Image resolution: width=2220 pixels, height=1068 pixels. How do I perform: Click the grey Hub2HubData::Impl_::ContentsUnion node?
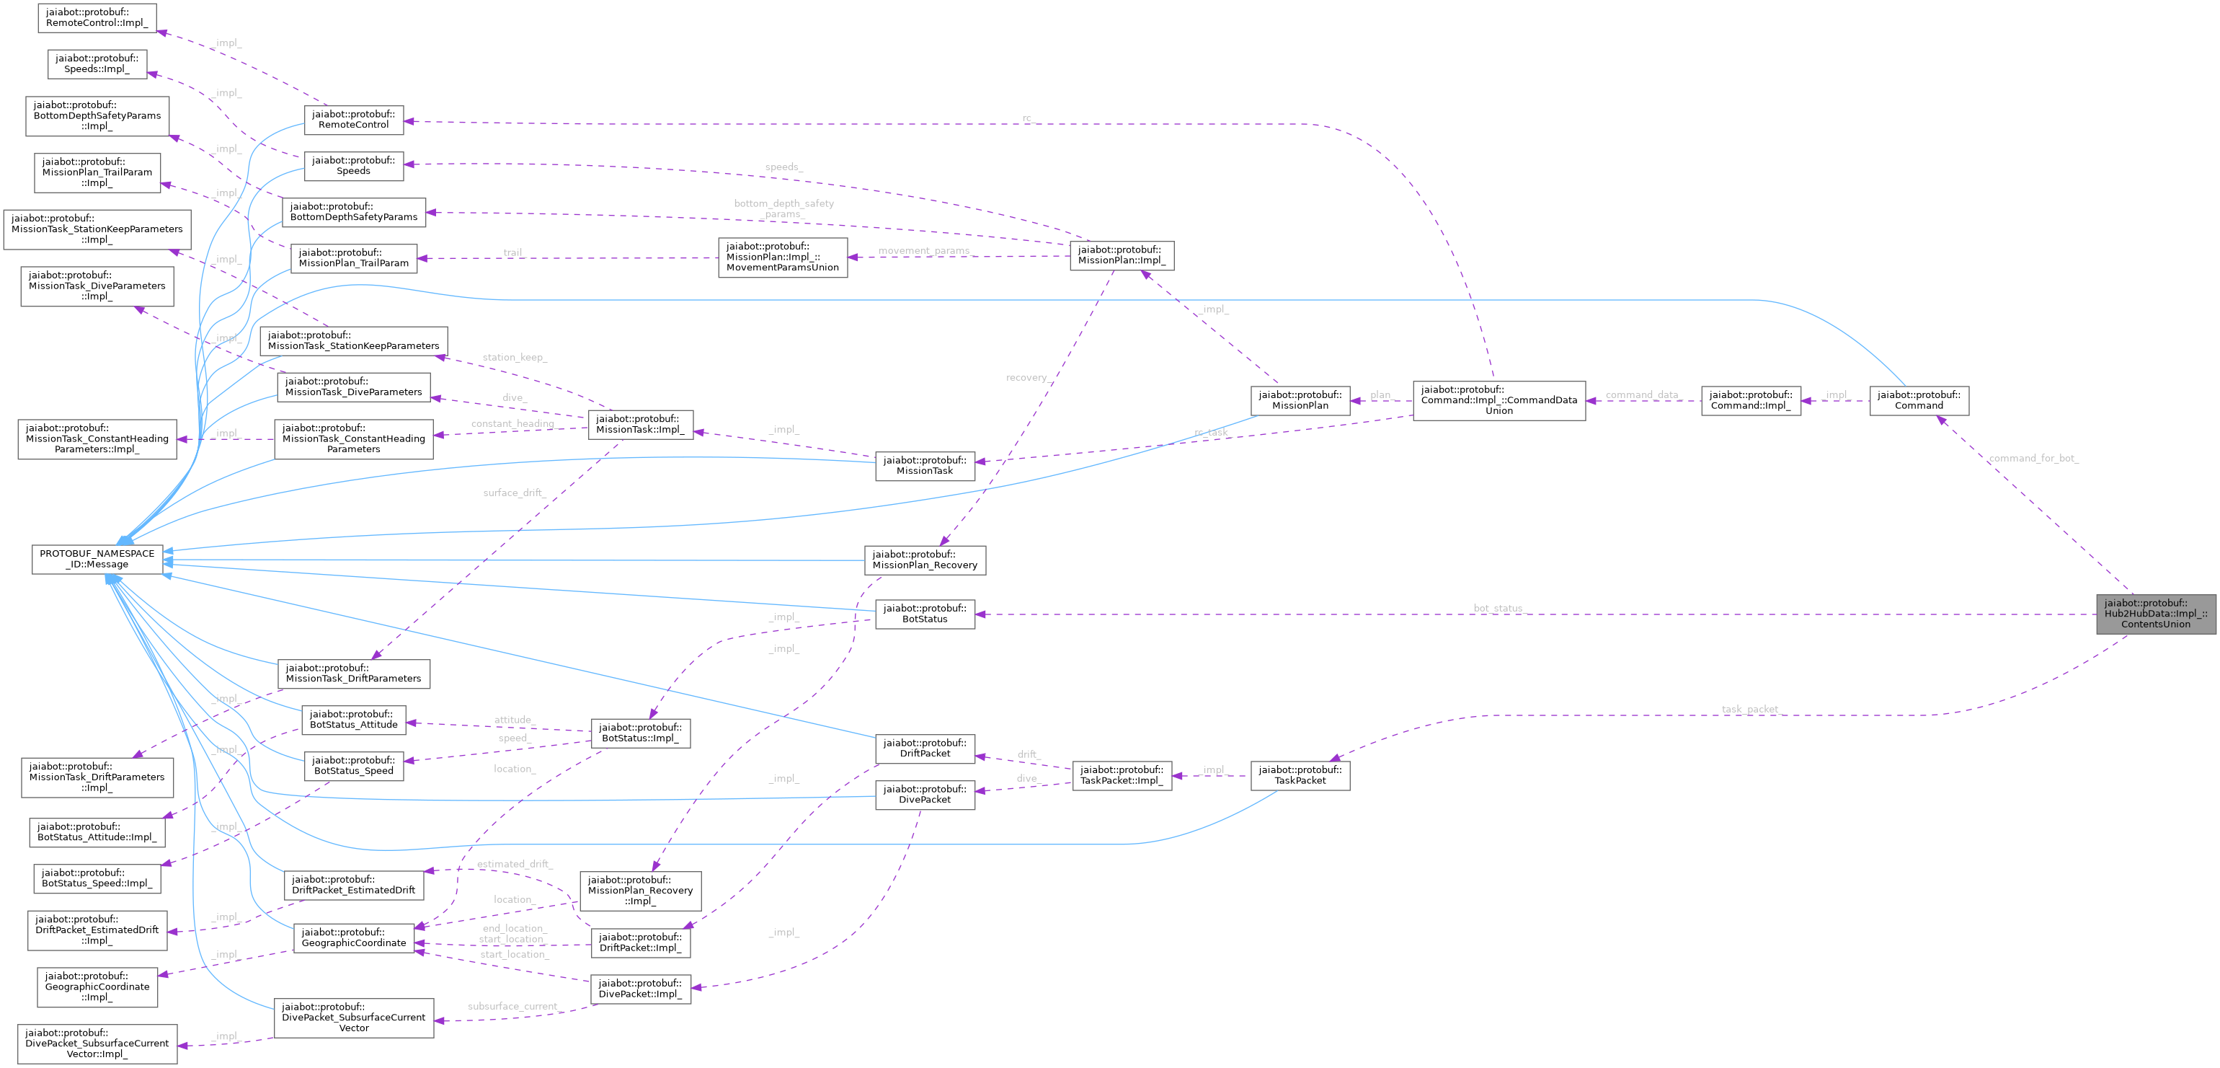pos(2154,614)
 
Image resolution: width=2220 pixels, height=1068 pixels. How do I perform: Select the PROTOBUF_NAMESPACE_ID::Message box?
pos(97,559)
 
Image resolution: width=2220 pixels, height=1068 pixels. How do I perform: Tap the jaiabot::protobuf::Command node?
pos(1919,400)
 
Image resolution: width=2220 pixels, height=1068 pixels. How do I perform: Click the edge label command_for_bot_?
pos(2033,459)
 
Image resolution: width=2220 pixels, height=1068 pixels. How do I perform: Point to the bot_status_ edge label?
pos(1498,609)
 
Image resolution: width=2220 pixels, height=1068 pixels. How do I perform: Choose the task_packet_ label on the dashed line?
pos(1749,710)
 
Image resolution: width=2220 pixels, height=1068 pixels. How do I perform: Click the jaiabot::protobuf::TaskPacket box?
pos(1300,775)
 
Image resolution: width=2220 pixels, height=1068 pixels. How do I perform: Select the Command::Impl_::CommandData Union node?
pos(1498,400)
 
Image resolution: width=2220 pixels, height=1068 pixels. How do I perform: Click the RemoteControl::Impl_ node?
pos(97,17)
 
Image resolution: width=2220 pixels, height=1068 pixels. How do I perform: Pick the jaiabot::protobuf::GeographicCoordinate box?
pos(353,937)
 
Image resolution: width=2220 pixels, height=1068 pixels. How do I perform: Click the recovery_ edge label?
pos(1027,378)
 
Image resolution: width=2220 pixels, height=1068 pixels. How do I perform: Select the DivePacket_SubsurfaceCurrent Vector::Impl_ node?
pos(97,1043)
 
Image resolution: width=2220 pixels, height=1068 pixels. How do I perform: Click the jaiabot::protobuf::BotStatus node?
pos(925,614)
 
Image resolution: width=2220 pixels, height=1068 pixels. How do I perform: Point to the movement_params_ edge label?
pos(924,251)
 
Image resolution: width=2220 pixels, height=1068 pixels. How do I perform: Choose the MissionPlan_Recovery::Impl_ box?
pos(640,891)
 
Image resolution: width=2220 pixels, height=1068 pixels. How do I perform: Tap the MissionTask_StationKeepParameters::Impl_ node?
pos(97,229)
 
